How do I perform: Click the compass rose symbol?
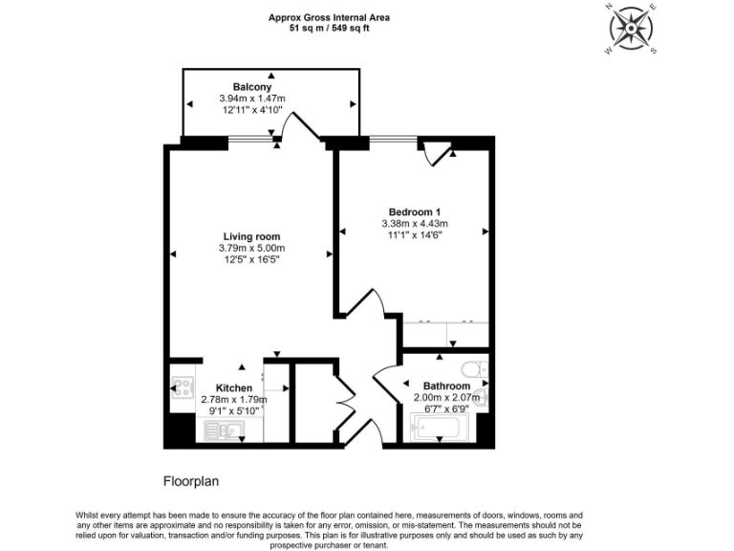coord(632,29)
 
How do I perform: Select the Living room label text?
coord(251,236)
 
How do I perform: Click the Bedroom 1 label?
coord(414,211)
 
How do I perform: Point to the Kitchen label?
coord(234,387)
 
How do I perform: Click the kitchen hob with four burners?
coord(182,388)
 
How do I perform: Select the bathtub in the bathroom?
coord(447,429)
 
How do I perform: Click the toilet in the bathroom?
coord(472,367)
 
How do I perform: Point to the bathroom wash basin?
coord(482,396)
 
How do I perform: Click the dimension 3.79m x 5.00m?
coord(251,248)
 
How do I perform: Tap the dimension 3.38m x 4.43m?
coord(414,223)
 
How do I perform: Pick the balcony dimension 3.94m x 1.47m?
coord(252,99)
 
